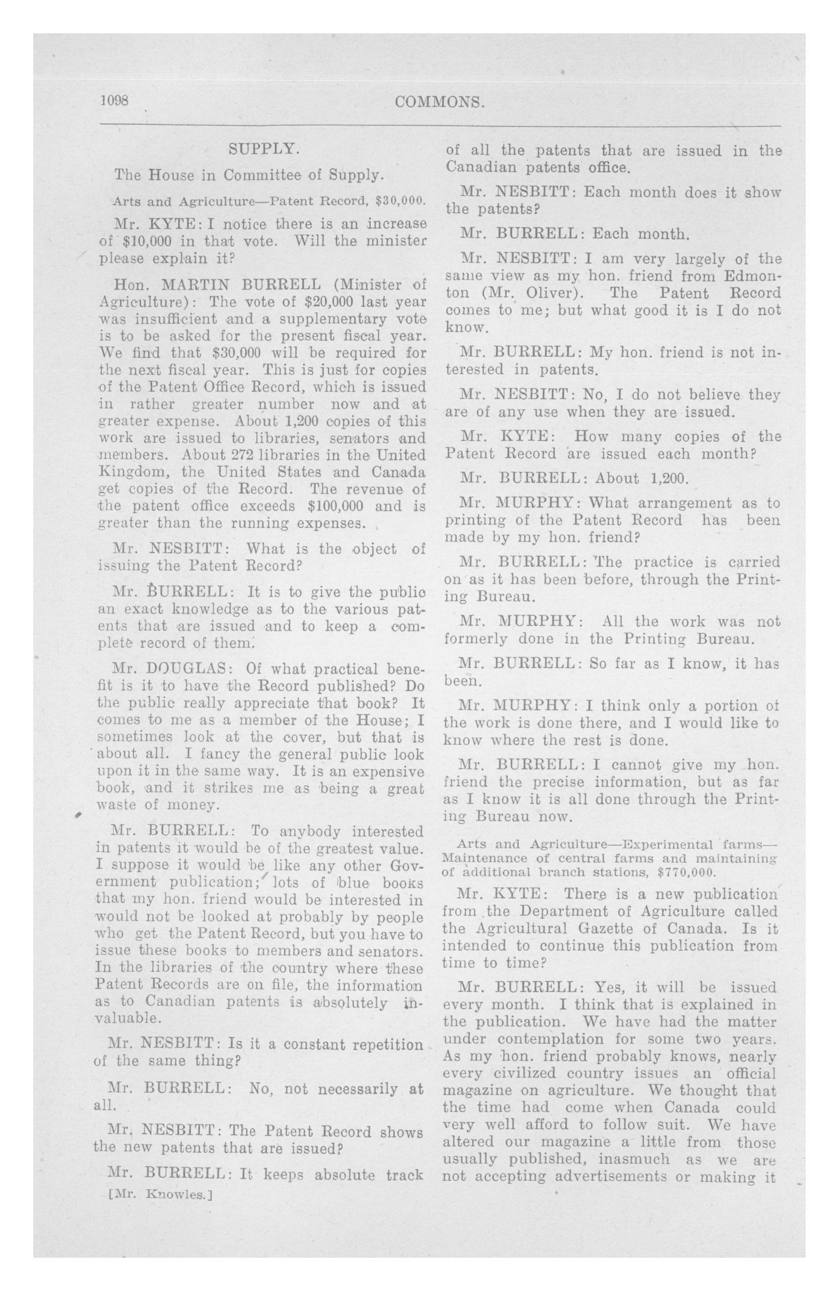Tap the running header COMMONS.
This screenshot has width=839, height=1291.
(x=440, y=102)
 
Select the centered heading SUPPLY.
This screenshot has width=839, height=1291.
(x=264, y=149)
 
